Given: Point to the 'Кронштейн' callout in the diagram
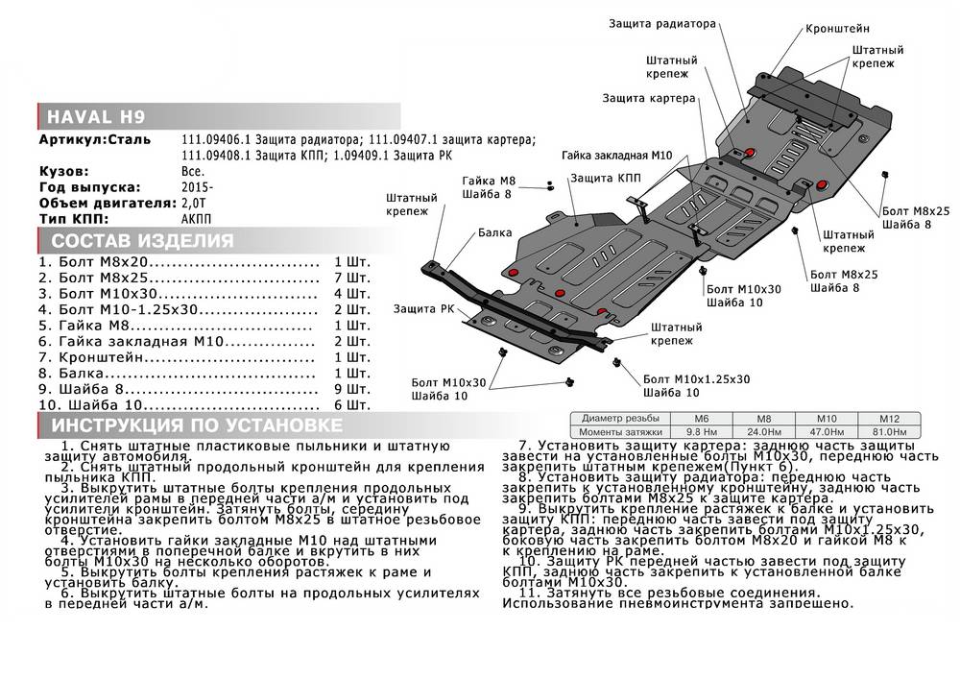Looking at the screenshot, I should pyautogui.click(x=838, y=29).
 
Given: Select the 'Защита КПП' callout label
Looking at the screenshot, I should pyautogui.click(x=603, y=179).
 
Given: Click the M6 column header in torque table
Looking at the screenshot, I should pyautogui.click(x=703, y=420).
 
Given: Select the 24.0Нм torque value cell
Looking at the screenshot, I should pyautogui.click(x=763, y=432).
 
